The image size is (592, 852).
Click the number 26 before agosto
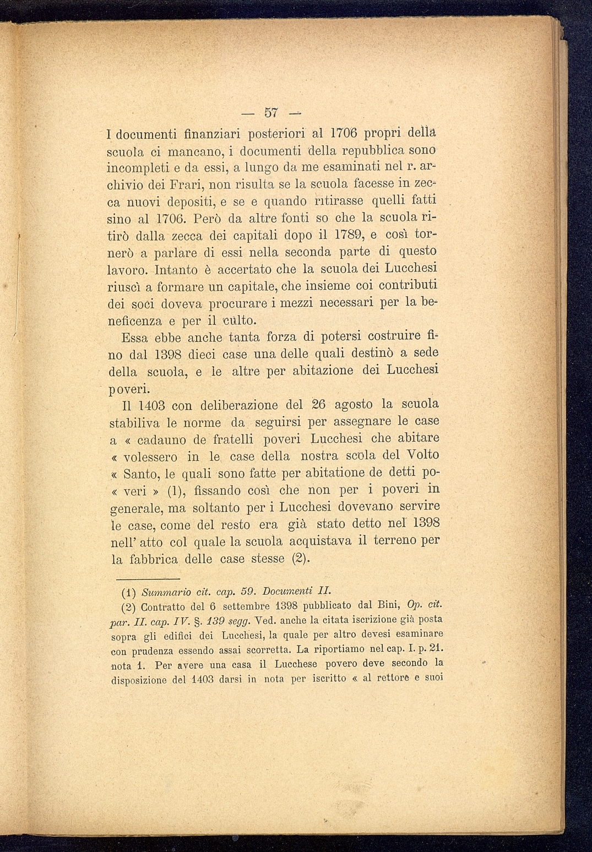pyautogui.click(x=319, y=405)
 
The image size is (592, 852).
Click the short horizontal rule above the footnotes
pyautogui.click(x=149, y=579)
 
